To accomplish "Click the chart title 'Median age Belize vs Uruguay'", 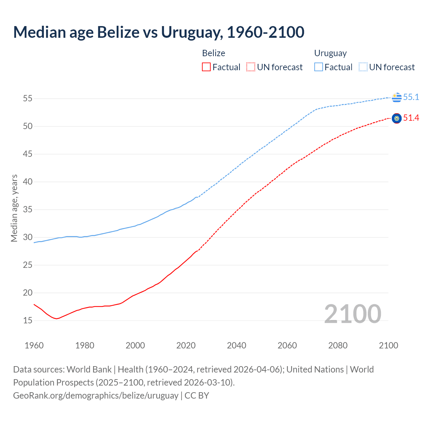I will click(158, 32).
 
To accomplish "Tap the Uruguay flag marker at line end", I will click(397, 97).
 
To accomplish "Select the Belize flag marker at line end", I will click(397, 118).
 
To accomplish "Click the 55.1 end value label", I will click(411, 97).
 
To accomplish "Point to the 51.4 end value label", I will click(411, 118).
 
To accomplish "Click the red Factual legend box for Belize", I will click(206, 67).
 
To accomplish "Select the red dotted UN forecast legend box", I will click(251, 67).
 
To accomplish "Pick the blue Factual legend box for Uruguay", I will click(319, 67).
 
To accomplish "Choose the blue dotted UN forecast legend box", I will click(363, 67).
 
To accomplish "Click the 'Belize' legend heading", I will click(214, 53).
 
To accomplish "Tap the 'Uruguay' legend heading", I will click(330, 53).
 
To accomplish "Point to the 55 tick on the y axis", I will click(27, 99).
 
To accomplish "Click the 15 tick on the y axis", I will click(27, 320).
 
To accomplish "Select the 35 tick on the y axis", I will click(27, 210).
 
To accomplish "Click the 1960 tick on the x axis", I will click(34, 345).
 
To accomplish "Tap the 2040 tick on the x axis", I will click(236, 345).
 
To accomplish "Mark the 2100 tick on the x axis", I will click(388, 345).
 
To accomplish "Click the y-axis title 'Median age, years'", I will click(14, 208).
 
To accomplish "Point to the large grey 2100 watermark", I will click(352, 314).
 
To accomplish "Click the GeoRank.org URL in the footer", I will click(96, 395).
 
